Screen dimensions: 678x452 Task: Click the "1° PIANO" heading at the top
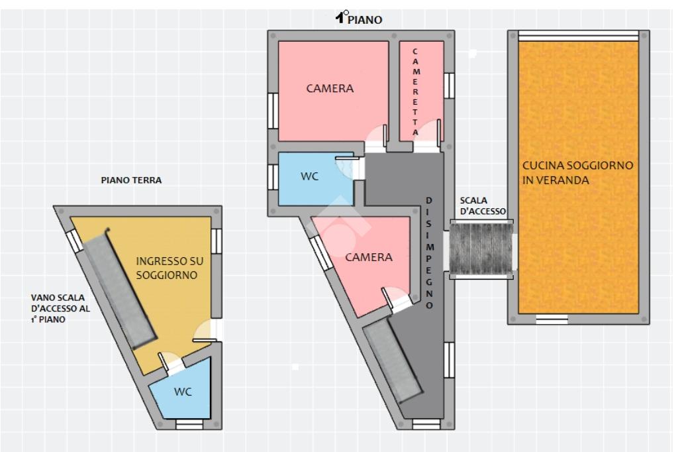coord(359,18)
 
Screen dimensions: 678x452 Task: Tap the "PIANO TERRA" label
coord(131,180)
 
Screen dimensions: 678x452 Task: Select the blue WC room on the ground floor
coord(181,390)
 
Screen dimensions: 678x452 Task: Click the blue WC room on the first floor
coord(315,179)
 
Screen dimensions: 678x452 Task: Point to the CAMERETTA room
coord(420,91)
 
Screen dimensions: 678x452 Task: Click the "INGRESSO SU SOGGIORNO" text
coord(169,268)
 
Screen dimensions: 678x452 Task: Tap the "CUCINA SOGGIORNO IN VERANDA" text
coord(577,172)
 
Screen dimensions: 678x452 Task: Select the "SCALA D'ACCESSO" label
coord(483,205)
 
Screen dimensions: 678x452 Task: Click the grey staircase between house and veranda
coord(481,249)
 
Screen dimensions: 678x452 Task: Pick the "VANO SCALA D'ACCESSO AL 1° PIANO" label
coord(60,308)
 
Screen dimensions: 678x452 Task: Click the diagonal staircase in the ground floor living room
coord(119,288)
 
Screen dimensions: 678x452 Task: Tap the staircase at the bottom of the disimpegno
coord(392,361)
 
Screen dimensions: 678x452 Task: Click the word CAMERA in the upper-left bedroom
coord(330,88)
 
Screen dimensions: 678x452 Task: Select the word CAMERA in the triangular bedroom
coord(369,257)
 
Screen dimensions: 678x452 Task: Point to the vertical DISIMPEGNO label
coord(429,253)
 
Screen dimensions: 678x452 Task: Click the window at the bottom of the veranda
coord(552,319)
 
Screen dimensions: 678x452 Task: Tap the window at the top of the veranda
coord(578,35)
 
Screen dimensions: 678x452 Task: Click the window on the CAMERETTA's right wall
coord(450,85)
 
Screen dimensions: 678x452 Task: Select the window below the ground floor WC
coord(189,424)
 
